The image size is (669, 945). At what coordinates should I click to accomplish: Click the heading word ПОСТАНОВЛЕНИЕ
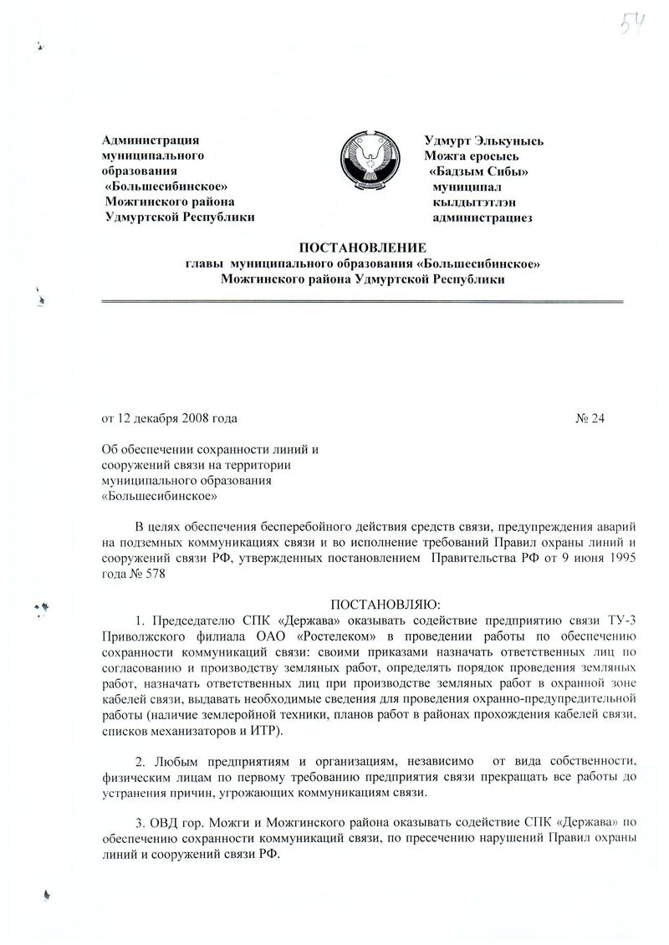[363, 248]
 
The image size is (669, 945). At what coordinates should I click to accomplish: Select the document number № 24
[590, 417]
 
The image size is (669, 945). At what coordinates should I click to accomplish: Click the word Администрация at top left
[151, 140]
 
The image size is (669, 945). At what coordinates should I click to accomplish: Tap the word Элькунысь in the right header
[511, 140]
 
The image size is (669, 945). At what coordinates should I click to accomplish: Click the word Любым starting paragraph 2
[174, 761]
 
